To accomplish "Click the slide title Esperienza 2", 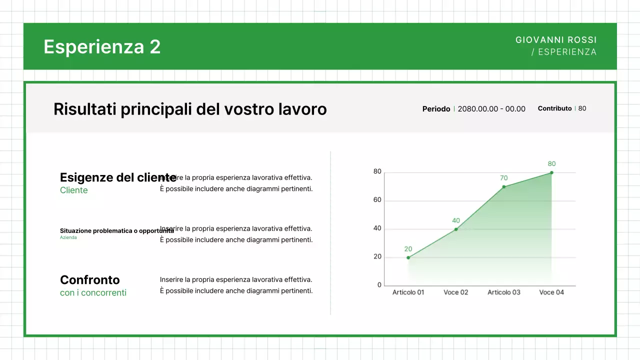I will [102, 46].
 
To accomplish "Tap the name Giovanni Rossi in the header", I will [556, 40].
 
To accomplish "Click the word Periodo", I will [436, 109].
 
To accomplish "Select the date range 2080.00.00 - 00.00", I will [491, 109].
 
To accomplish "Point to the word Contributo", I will [554, 108].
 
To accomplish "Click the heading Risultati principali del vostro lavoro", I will [190, 109].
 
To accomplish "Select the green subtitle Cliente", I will [74, 190].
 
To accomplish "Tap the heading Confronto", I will [90, 279].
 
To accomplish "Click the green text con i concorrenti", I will [93, 292].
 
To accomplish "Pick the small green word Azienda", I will [68, 237].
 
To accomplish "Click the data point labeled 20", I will [408, 257].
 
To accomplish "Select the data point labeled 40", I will [456, 229].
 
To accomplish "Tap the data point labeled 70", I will [504, 187].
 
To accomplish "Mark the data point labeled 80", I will [551, 172].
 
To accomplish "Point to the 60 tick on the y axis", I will [377, 200].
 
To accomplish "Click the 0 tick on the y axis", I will [379, 285].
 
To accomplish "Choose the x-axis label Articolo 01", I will [408, 292].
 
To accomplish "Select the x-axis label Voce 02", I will [456, 292].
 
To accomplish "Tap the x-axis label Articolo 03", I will [504, 292].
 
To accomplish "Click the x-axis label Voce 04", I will [551, 292].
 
